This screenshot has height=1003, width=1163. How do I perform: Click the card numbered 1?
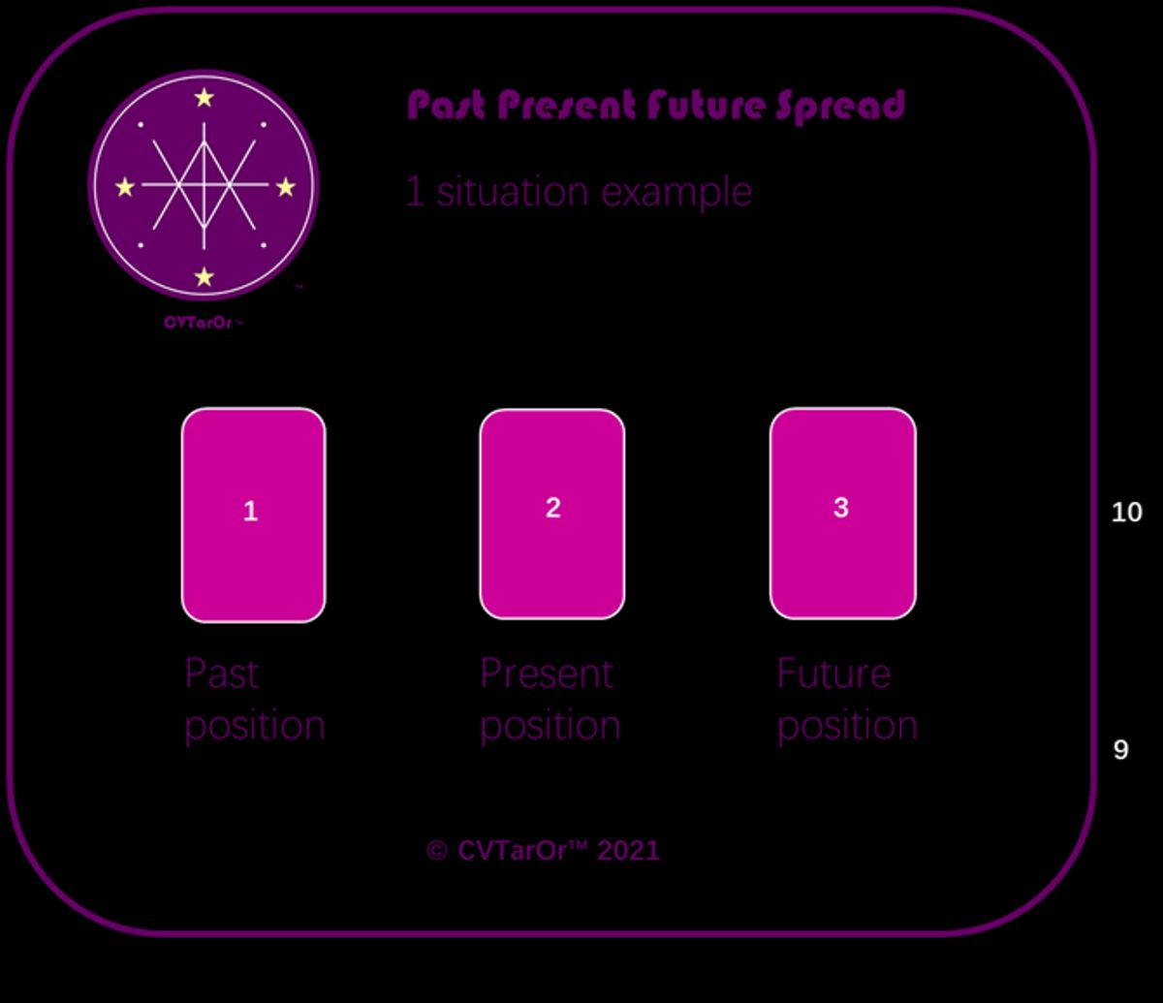point(253,514)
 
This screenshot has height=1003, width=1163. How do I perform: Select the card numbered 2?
point(551,513)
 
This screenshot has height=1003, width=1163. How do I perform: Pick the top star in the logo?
point(204,97)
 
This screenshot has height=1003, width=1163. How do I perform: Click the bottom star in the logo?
point(204,277)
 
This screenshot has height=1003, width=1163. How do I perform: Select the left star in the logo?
point(125,187)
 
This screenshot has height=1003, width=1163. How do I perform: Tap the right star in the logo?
point(285,187)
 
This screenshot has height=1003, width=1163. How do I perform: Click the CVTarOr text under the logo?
point(201,322)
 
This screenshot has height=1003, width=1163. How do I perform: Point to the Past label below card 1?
point(222,674)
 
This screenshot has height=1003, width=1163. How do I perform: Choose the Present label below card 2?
point(547,674)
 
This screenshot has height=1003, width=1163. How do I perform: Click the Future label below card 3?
point(833,674)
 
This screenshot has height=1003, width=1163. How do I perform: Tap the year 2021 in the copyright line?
point(628,851)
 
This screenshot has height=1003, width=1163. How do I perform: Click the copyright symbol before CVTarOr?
point(437,852)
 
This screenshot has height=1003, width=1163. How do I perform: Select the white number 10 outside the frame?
point(1126,512)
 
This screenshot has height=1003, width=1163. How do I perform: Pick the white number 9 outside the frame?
point(1120,749)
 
